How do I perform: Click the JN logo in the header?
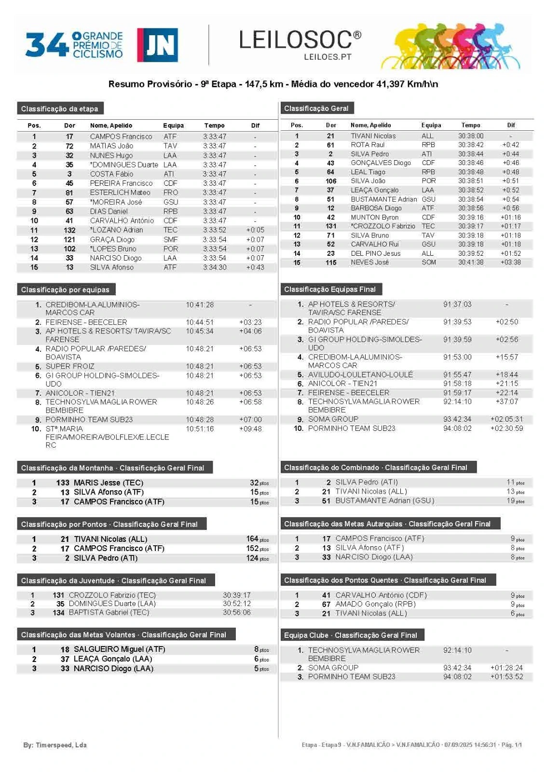click(157, 45)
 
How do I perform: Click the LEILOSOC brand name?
click(300, 40)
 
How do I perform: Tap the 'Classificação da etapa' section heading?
click(60, 109)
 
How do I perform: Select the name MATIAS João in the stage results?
click(111, 146)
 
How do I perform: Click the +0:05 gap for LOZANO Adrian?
click(255, 230)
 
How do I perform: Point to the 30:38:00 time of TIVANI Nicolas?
click(470, 136)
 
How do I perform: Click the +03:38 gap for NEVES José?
click(511, 262)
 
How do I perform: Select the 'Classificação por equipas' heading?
click(66, 290)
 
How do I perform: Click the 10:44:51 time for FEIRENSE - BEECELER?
click(200, 322)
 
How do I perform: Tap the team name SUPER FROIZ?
click(70, 366)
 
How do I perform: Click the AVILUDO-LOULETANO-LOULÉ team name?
click(360, 374)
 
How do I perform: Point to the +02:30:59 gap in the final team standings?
click(506, 428)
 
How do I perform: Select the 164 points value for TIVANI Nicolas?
click(252, 539)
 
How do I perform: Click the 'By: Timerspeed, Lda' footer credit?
click(55, 745)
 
